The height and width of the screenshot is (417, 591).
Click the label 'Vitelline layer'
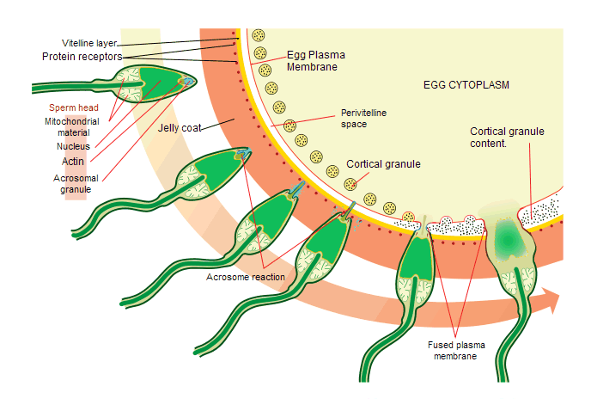tap(88, 43)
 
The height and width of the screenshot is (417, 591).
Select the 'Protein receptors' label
tap(82, 57)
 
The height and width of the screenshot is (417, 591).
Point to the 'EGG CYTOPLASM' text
tap(466, 85)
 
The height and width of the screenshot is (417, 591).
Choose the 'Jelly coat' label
tap(179, 128)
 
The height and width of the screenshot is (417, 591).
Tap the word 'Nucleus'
tap(72, 146)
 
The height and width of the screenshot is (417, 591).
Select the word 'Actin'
tap(72, 161)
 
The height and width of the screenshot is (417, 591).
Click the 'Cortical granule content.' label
tap(507, 138)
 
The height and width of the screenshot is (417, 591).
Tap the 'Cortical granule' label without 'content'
tap(383, 163)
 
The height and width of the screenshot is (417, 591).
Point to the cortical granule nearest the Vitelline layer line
tap(258, 36)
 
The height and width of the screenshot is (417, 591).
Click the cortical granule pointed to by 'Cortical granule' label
tap(350, 183)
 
